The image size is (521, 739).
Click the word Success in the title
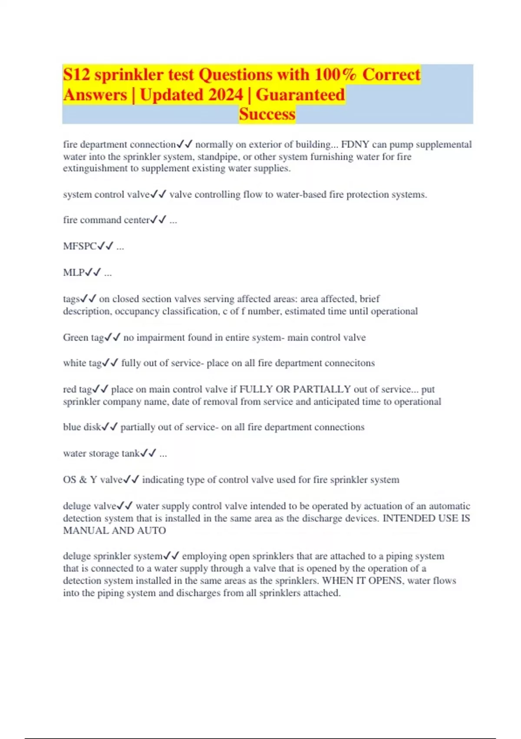267,114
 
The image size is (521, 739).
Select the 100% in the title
335,74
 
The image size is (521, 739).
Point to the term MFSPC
80,246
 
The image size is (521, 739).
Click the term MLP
74,273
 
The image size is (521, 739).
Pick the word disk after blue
92,427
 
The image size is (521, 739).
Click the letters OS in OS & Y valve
69,479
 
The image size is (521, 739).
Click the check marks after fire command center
158,220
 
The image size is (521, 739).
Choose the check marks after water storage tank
148,453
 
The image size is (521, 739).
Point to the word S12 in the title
76,74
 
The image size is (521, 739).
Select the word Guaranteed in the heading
300,94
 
